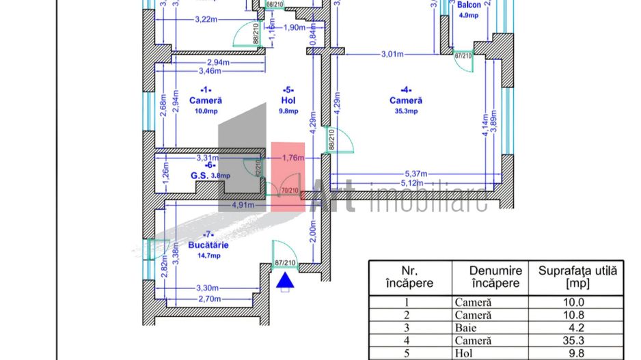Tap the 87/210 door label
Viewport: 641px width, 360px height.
pos(285,263)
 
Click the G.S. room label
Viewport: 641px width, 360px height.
pos(200,176)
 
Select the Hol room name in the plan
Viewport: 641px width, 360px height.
pos(288,100)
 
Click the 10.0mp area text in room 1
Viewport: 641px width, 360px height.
pos(205,111)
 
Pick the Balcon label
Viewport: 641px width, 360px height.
pos(469,4)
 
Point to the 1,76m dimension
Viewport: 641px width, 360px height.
pos(293,158)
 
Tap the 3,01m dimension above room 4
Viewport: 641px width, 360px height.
pos(394,54)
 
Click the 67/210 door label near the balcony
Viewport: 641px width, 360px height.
pos(463,56)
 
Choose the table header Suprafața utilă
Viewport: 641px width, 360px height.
pos(577,277)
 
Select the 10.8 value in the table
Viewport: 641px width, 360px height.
pos(577,315)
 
